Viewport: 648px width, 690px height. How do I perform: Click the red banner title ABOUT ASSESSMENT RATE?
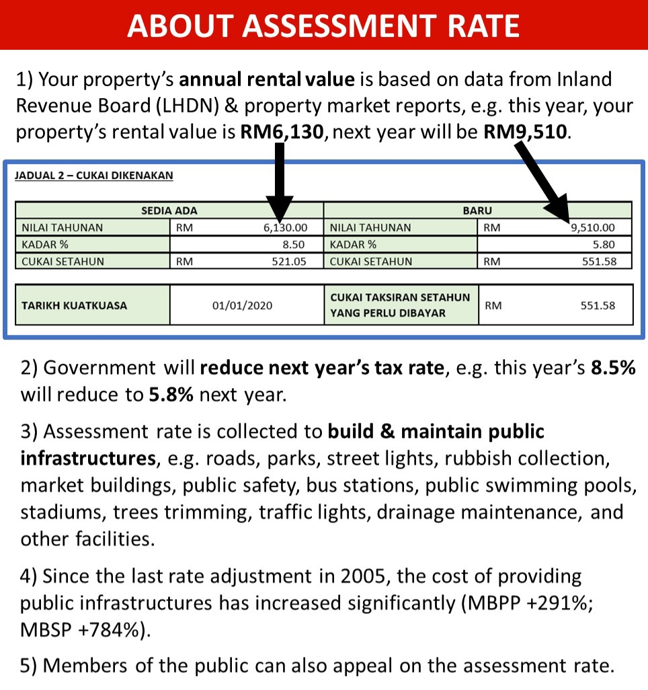[x=323, y=26]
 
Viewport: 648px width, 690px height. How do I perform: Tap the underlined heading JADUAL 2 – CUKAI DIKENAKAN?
[x=93, y=176]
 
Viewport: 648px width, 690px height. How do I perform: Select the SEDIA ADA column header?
[x=169, y=210]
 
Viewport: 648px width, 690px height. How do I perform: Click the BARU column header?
[x=477, y=210]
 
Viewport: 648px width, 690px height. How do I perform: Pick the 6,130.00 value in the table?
[x=286, y=227]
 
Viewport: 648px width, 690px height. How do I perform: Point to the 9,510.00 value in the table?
[x=593, y=227]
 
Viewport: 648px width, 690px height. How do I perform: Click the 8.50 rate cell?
[x=294, y=244]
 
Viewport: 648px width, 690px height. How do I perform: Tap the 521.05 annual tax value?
[x=289, y=262]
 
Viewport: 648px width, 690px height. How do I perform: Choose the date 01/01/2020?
[x=243, y=305]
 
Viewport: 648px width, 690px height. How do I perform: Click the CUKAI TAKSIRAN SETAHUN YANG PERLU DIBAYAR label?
[x=400, y=305]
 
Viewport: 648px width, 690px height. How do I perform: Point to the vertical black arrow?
[x=279, y=182]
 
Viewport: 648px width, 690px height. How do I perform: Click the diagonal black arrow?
[x=542, y=180]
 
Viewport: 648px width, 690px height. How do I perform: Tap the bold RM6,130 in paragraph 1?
[x=282, y=132]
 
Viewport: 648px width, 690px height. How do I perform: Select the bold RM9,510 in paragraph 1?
[x=525, y=132]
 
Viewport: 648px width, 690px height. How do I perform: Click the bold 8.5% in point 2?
[x=613, y=367]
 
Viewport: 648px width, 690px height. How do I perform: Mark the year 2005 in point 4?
[x=362, y=576]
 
